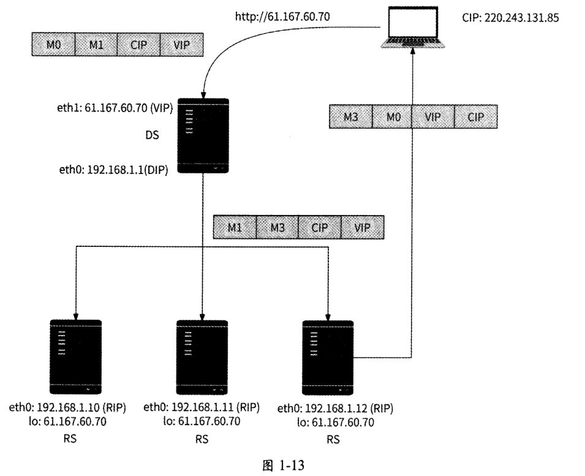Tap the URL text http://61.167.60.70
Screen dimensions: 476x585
click(282, 17)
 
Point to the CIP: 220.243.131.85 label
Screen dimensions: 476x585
click(510, 18)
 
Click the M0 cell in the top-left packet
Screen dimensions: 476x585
click(52, 45)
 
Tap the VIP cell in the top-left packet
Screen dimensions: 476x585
click(181, 45)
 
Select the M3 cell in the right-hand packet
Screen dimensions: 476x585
click(350, 116)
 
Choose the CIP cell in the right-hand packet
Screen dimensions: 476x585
click(475, 116)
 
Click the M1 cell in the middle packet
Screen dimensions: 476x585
click(234, 227)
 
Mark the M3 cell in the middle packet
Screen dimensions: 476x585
click(277, 227)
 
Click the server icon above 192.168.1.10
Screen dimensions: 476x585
click(75, 357)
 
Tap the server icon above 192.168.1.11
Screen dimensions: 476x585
click(202, 357)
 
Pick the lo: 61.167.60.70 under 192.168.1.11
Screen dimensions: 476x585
click(202, 421)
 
